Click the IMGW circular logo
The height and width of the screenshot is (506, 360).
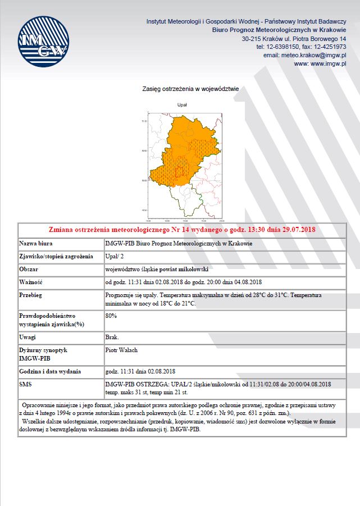click(43, 42)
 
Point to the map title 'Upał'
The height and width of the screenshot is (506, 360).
click(182, 104)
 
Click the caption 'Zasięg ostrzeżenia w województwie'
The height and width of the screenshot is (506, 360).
click(191, 89)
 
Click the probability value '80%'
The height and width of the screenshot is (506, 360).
click(111, 316)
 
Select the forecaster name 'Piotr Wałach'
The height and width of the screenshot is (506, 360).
click(121, 350)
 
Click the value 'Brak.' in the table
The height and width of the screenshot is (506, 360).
click(112, 337)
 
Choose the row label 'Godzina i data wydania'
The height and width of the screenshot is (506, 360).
click(50, 371)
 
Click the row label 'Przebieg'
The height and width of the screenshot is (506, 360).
click(31, 294)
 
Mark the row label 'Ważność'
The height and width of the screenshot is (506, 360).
click(31, 281)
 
